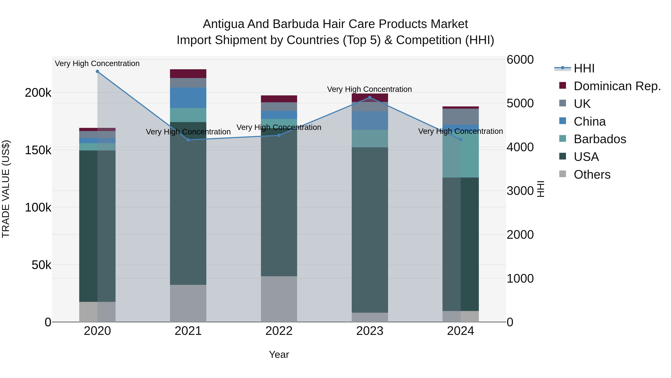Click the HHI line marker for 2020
pyautogui.click(x=97, y=71)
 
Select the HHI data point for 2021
pyautogui.click(x=188, y=140)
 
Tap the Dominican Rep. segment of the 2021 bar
pyautogui.click(x=188, y=74)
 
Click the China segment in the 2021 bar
pyautogui.click(x=188, y=98)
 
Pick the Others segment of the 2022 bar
pyautogui.click(x=279, y=299)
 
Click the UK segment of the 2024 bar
pyautogui.click(x=461, y=117)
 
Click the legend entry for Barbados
pyautogui.click(x=600, y=139)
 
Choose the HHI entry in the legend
pyautogui.click(x=584, y=68)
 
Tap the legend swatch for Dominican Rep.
pyautogui.click(x=563, y=85)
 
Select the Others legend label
pyautogui.click(x=592, y=175)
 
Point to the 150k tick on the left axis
pyautogui.click(x=38, y=150)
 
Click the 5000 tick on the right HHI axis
pyautogui.click(x=520, y=103)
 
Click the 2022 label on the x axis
pyautogui.click(x=279, y=331)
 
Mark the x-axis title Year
pyautogui.click(x=279, y=354)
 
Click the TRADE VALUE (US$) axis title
pyautogui.click(x=6, y=189)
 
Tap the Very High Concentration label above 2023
pyautogui.click(x=369, y=89)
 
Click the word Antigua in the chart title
pyautogui.click(x=224, y=24)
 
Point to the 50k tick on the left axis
pyautogui.click(x=41, y=265)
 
